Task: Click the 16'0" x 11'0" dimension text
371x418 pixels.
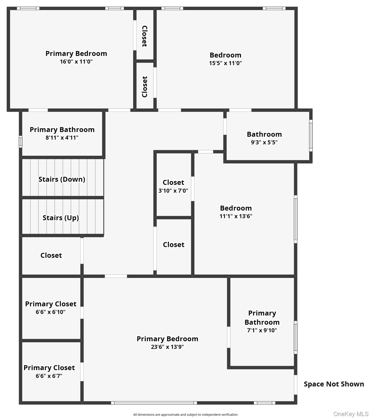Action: tap(76, 62)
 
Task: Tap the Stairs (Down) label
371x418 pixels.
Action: tap(62, 179)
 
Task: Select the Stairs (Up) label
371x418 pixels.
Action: tap(61, 218)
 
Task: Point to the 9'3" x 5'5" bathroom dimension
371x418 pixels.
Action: tap(264, 142)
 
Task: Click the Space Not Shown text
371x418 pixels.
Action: tap(334, 384)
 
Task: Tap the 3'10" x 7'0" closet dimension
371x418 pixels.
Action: tap(173, 190)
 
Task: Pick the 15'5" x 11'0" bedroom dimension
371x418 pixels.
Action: tap(225, 63)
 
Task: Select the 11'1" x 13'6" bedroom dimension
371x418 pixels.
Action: tap(236, 216)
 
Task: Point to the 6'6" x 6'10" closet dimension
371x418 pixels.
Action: tap(51, 312)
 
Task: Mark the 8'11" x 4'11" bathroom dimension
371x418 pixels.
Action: tap(62, 137)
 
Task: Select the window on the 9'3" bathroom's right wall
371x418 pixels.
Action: tap(311, 136)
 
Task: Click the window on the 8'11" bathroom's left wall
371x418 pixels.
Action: tap(20, 142)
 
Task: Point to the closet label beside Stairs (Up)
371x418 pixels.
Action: tap(51, 255)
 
